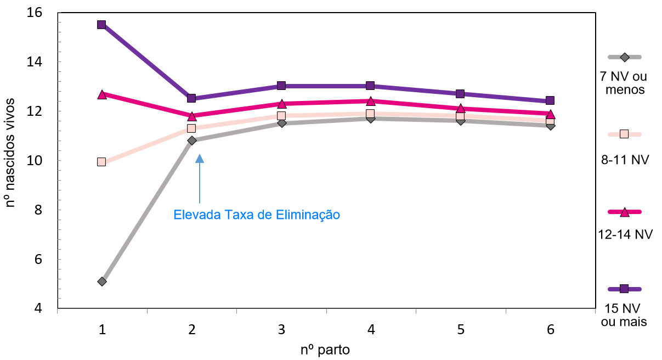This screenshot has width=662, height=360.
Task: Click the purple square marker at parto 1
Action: click(101, 25)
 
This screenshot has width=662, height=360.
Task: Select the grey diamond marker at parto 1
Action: click(101, 282)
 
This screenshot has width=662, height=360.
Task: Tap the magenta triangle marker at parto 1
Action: click(101, 94)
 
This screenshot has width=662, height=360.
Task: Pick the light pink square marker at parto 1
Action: click(101, 162)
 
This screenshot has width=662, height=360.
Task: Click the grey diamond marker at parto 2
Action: click(191, 140)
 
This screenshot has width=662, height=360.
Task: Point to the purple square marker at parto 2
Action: click(191, 98)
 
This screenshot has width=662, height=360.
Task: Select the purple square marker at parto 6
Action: click(550, 100)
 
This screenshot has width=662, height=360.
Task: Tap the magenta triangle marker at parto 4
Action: click(371, 101)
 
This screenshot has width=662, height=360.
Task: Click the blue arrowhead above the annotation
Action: click(200, 159)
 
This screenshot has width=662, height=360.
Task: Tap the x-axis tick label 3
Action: click(281, 330)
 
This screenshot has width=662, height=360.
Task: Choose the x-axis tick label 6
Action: click(550, 330)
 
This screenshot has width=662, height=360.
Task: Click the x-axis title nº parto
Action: click(325, 349)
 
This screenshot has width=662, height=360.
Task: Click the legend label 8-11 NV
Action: click(625, 160)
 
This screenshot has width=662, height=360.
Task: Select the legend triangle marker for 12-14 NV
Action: click(624, 212)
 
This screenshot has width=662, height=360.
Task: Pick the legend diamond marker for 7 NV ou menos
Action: click(624, 57)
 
